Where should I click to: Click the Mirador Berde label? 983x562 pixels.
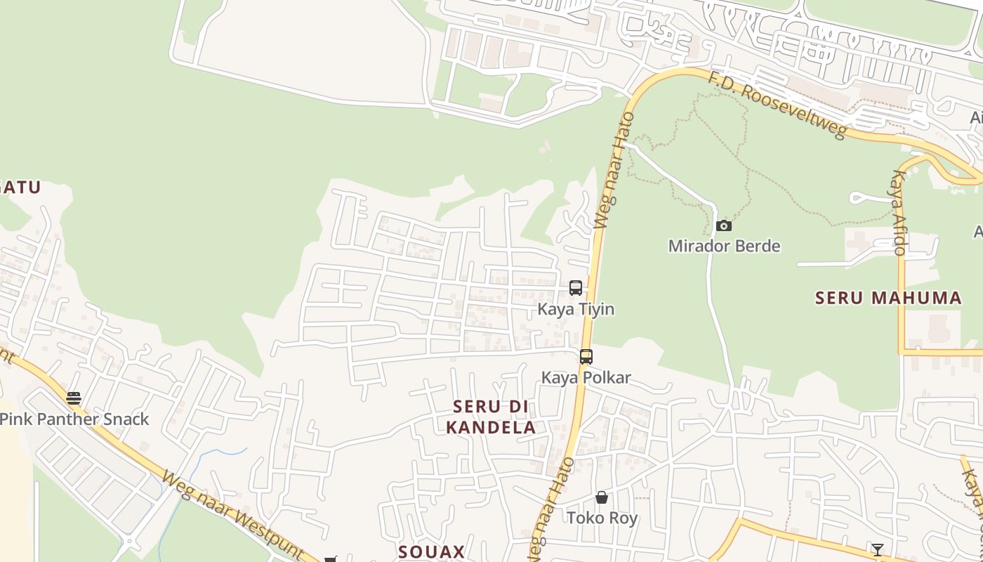[724, 246]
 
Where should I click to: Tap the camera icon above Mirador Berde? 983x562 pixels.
[724, 226]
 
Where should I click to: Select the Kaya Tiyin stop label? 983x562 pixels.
[576, 309]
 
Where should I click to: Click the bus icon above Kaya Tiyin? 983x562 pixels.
[576, 288]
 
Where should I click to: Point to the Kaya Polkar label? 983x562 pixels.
[586, 377]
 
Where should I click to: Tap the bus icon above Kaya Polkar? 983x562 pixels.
[586, 356]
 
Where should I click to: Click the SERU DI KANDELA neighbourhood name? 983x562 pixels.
[491, 417]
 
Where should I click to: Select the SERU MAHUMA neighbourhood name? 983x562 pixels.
[888, 298]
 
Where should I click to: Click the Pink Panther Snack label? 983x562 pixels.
[74, 419]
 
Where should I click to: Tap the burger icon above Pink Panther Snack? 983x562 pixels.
[74, 398]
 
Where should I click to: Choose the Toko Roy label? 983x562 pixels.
[602, 518]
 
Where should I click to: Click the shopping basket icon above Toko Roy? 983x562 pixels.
[602, 497]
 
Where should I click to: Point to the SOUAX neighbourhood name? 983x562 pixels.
[431, 551]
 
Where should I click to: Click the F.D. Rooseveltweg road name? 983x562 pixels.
[777, 105]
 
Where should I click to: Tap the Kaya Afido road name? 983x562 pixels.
[899, 211]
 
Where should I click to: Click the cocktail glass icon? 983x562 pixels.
[877, 549]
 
